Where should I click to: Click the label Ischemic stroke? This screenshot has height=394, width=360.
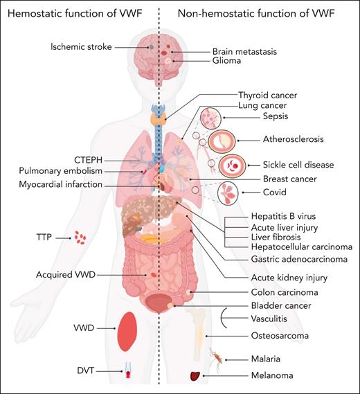click(x=82, y=46)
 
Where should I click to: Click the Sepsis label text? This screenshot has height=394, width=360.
click(x=255, y=117)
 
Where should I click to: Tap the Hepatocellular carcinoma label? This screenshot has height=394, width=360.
click(x=300, y=247)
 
